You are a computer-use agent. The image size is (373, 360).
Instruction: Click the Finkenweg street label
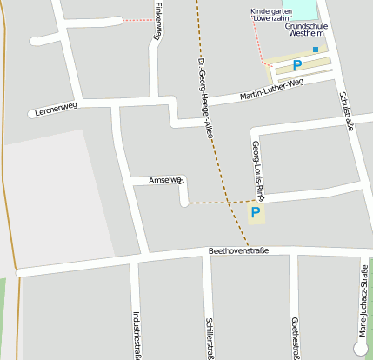pyautogui.click(x=157, y=21)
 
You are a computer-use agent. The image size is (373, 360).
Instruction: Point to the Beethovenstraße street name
pyautogui.click(x=238, y=250)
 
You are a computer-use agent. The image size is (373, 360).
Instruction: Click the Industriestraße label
pyautogui.click(x=137, y=334)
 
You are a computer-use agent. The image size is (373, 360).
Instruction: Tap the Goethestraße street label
pyautogui.click(x=296, y=337)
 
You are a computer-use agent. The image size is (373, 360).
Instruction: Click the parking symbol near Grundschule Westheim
pyautogui.click(x=296, y=64)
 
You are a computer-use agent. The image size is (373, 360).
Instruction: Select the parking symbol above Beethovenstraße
pyautogui.click(x=256, y=211)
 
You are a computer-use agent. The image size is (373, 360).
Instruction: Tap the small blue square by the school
pyautogui.click(x=316, y=50)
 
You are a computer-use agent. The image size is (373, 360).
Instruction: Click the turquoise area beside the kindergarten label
pyautogui.click(x=303, y=9)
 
